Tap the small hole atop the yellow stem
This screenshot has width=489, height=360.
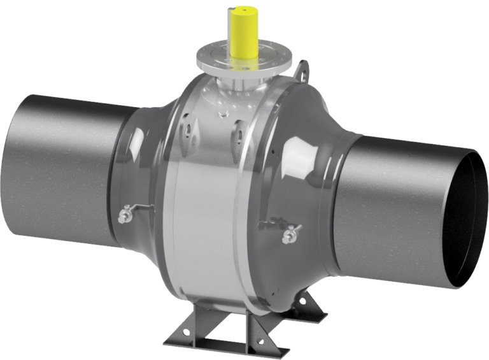tap(244, 11)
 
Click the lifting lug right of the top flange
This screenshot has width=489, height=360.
tap(302, 68)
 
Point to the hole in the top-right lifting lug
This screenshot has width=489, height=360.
tap(303, 66)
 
